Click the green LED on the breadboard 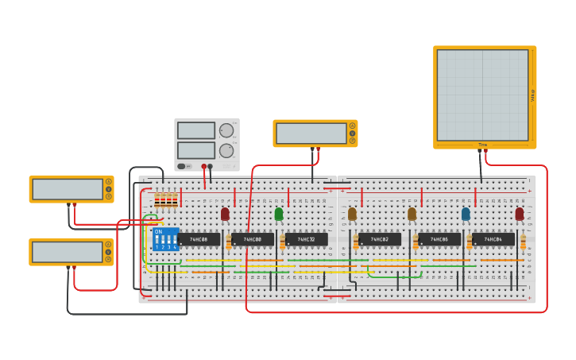(x=279, y=214)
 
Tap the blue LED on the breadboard (x=466, y=214)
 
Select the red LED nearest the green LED (x=225, y=214)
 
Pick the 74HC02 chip (x=380, y=239)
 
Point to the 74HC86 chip (x=439, y=239)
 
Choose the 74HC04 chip (x=493, y=239)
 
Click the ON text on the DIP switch (x=158, y=232)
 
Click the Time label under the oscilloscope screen (x=482, y=145)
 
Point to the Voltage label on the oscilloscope (x=532, y=95)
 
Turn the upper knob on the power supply (x=226, y=130)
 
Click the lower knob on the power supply (x=226, y=150)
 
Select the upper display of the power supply (x=196, y=130)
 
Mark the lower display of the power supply (x=196, y=150)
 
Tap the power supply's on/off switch (x=183, y=166)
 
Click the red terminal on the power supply (x=203, y=167)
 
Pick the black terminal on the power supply (x=210, y=167)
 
